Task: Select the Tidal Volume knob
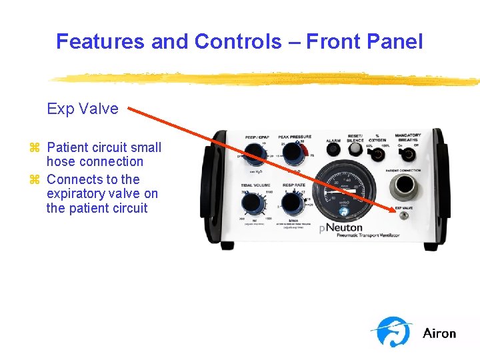click(252, 201)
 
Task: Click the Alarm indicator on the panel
click(333, 154)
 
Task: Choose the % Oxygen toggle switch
click(377, 155)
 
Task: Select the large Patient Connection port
click(403, 189)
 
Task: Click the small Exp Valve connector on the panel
click(403, 215)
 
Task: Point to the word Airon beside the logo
click(439, 333)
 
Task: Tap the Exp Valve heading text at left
click(82, 109)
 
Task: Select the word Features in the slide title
click(101, 41)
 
